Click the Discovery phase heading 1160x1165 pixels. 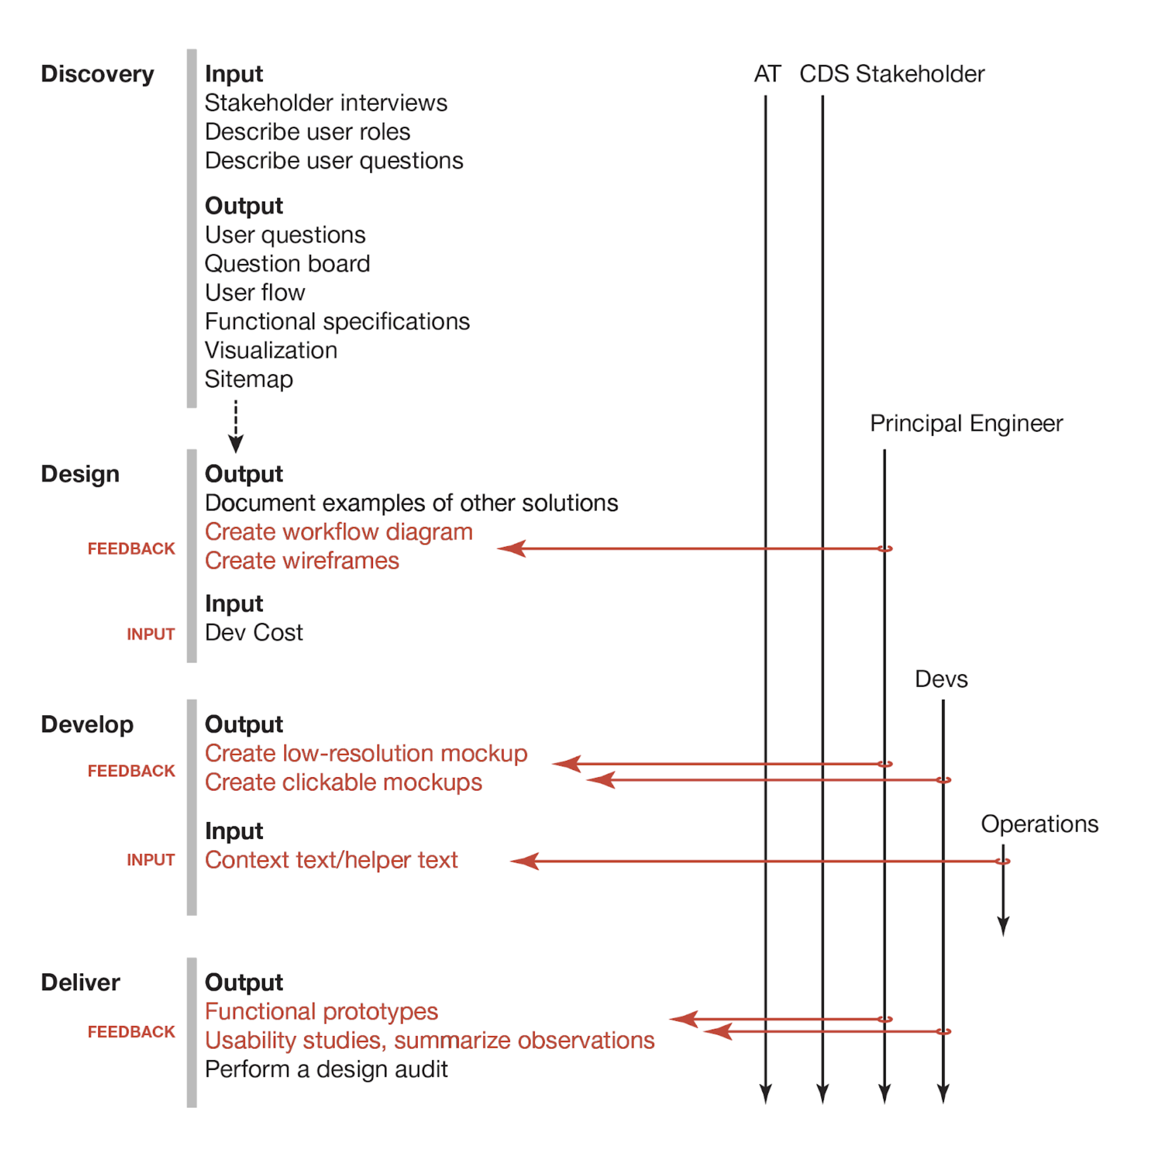[x=97, y=74]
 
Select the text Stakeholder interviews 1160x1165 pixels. [x=325, y=103]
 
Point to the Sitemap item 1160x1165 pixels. [x=248, y=380]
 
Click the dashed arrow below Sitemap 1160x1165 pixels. [x=236, y=426]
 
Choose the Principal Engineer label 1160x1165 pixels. [x=966, y=424]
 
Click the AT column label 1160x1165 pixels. [x=767, y=74]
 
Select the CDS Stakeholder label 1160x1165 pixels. [x=892, y=74]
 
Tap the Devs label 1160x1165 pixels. [x=941, y=680]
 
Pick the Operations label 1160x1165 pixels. [x=1040, y=824]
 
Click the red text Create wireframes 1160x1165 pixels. [x=302, y=561]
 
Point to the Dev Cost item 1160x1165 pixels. [x=254, y=633]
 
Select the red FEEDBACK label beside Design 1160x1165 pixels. [x=131, y=549]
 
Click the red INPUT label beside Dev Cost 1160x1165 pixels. [x=151, y=634]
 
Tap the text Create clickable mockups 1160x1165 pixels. [x=343, y=783]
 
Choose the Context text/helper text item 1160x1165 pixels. [x=331, y=861]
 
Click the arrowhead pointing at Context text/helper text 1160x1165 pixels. [x=524, y=862]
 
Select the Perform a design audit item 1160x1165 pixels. [x=326, y=1070]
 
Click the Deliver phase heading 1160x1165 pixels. [x=80, y=983]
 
